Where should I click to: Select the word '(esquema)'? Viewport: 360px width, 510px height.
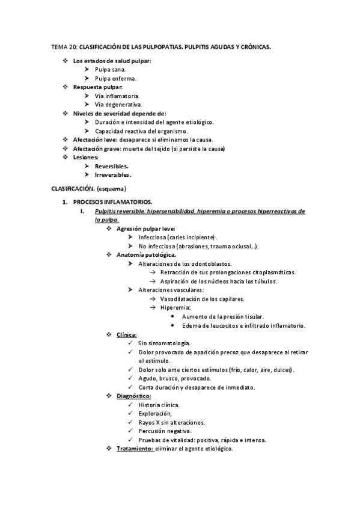[112, 189]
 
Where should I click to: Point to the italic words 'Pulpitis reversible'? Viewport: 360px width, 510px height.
[118, 212]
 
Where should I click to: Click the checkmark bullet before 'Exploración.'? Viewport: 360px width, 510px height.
[131, 413]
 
